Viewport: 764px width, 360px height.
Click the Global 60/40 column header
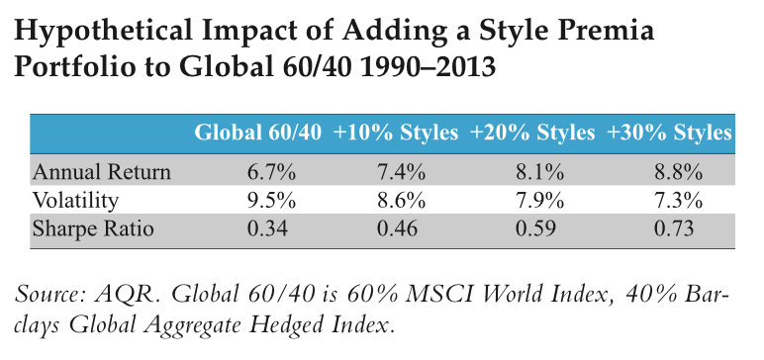(x=257, y=133)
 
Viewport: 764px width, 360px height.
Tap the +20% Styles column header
(x=532, y=133)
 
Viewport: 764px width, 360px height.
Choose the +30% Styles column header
(x=670, y=133)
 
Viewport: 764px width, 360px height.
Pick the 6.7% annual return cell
(x=257, y=172)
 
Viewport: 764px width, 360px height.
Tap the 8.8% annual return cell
(x=670, y=172)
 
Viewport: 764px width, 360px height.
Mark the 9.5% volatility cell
(x=257, y=202)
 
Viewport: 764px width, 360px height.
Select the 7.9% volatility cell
(x=532, y=202)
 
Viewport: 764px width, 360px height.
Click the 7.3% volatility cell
(x=670, y=202)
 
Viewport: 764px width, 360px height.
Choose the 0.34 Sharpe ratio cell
(x=257, y=230)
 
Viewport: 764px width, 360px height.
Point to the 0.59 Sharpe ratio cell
(x=532, y=230)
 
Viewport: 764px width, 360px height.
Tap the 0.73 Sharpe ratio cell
(x=670, y=230)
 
